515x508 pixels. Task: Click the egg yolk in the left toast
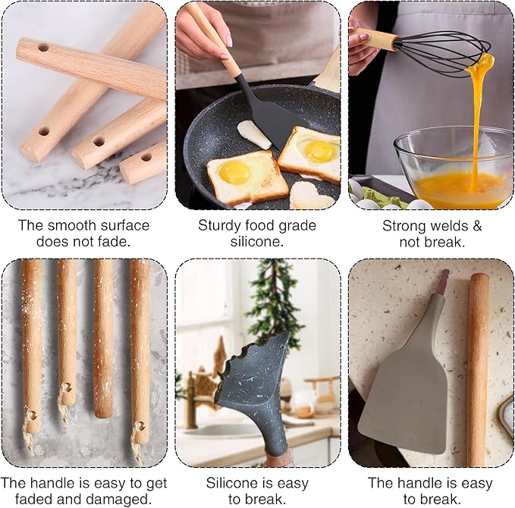[234, 172]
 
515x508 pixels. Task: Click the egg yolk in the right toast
[320, 150]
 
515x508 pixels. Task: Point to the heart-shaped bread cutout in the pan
[309, 196]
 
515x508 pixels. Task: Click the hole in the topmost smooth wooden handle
[42, 48]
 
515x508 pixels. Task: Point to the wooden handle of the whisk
[377, 38]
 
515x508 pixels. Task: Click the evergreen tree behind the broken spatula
[275, 303]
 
